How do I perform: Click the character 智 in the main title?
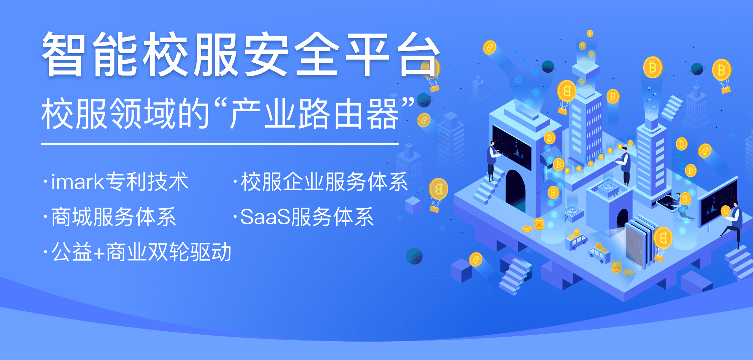pos(63,54)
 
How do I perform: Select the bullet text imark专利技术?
pos(119,182)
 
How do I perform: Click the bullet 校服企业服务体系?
pos(324,182)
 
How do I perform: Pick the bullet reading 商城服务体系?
pos(113,217)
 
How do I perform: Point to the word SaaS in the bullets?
pos(265,217)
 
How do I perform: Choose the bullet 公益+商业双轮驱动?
pos(141,252)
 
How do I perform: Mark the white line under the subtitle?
pos(220,144)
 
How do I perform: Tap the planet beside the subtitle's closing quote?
pos(424,100)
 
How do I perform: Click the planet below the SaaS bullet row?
pos(414,256)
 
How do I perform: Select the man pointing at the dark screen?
pos(492,160)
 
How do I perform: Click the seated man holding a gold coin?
pos(733,224)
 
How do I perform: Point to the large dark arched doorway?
pos(515,190)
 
